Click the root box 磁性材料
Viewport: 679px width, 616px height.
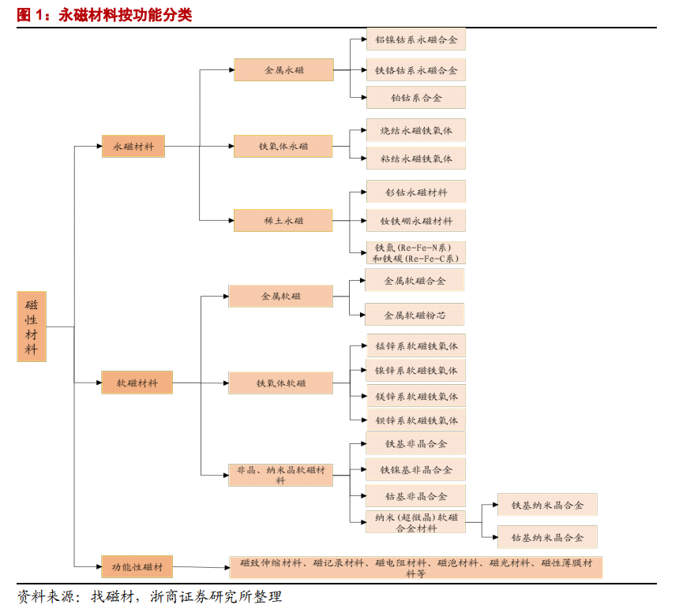(x=32, y=327)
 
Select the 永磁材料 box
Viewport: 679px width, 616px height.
(x=133, y=146)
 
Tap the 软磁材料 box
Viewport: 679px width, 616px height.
(x=137, y=383)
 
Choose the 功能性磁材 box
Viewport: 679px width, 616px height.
(x=137, y=566)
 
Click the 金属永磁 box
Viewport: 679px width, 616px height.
(x=283, y=69)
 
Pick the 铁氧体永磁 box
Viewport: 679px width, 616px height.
(x=283, y=146)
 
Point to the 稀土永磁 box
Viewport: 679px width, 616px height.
(x=283, y=220)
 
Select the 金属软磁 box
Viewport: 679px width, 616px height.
(x=280, y=296)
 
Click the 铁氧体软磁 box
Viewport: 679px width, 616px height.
(x=280, y=383)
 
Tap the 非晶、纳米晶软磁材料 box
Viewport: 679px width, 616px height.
(x=280, y=475)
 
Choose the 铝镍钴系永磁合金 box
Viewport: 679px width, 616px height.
(x=416, y=39)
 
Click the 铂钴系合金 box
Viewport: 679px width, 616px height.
(x=416, y=97)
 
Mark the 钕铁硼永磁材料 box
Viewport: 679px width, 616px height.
(x=416, y=221)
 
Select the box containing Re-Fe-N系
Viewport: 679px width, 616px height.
(x=416, y=252)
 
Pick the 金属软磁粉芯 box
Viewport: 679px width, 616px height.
(x=415, y=315)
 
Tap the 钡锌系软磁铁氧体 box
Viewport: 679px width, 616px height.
(x=416, y=420)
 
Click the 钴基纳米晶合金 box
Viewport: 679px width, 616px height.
(x=547, y=537)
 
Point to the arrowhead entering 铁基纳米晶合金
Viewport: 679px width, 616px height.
(x=495, y=504)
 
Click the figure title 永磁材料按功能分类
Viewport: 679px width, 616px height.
(x=126, y=15)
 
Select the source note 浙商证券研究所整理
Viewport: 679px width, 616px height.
(x=216, y=596)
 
